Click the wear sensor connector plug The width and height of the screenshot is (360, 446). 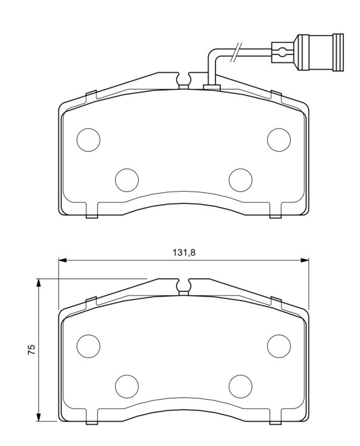(x=321, y=53)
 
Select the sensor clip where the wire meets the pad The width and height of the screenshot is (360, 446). (x=212, y=86)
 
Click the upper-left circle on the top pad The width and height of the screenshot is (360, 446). (x=88, y=139)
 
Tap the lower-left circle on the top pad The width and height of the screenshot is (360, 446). (x=127, y=179)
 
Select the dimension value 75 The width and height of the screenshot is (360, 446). (x=32, y=350)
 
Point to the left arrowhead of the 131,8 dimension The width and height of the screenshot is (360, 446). (x=62, y=260)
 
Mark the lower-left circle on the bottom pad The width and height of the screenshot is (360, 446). (x=127, y=385)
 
